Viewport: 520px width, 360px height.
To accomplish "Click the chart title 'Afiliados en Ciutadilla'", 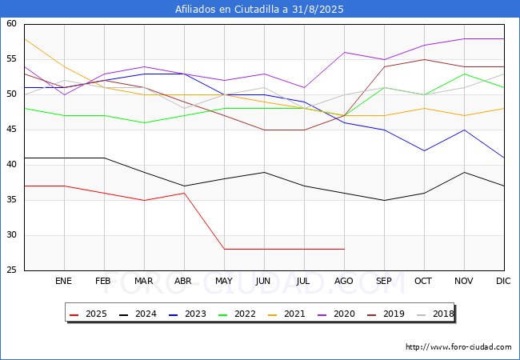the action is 227,10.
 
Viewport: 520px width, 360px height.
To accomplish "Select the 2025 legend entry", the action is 88,314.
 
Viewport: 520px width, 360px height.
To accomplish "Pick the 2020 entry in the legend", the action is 336,314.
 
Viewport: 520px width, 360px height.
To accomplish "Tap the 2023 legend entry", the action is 187,314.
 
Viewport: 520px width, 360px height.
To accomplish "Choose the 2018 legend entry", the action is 435,314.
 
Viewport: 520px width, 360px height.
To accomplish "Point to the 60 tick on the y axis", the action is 11,23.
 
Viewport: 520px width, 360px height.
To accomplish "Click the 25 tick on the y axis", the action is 11,270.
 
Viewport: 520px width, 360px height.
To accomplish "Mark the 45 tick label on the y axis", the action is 11,130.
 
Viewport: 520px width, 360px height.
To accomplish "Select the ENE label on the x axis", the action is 63,281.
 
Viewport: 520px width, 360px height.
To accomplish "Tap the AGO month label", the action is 343,281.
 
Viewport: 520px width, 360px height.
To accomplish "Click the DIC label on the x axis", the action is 503,281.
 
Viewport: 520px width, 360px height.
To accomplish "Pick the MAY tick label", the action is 224,281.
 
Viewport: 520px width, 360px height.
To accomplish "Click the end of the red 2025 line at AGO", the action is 344,249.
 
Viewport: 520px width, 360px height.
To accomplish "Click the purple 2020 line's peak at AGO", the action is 344,52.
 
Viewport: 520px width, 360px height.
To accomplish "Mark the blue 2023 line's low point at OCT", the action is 424,151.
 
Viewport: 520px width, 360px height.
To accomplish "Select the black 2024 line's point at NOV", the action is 464,172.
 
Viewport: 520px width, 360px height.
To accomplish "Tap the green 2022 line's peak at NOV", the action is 464,74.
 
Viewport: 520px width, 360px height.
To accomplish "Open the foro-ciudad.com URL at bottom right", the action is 458,347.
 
